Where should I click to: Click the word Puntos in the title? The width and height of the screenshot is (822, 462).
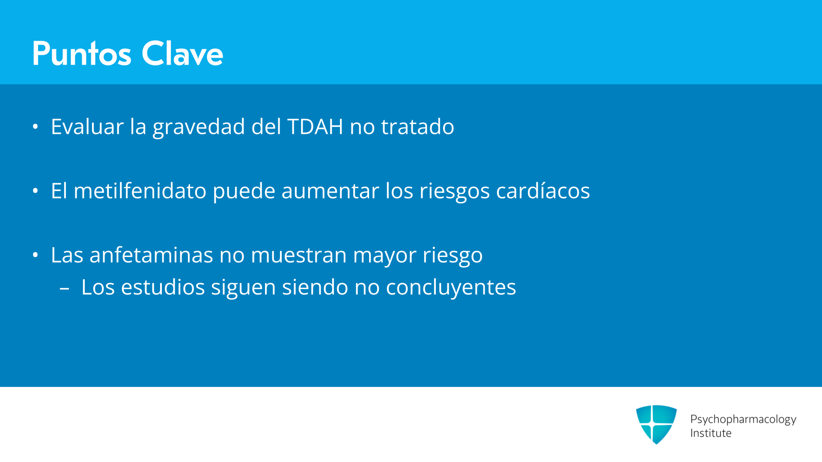click(x=82, y=53)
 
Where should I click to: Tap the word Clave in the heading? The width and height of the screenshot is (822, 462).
click(x=182, y=53)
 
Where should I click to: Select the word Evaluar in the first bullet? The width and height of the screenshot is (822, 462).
click(x=87, y=127)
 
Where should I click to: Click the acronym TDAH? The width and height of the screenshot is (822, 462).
click(x=315, y=127)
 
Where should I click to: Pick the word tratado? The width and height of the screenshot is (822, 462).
click(x=417, y=127)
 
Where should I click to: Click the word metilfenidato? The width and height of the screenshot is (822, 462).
click(x=140, y=191)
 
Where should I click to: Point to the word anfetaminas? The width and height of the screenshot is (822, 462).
click(x=151, y=255)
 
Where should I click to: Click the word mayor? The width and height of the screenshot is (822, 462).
click(x=384, y=257)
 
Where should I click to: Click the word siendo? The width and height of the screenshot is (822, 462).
click(x=315, y=287)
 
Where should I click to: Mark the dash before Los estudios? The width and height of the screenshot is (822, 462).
click(x=65, y=289)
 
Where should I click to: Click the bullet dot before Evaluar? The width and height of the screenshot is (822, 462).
click(x=36, y=127)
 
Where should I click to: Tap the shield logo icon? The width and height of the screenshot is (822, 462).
click(x=656, y=424)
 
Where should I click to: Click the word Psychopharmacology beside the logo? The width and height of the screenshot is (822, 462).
click(x=743, y=420)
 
